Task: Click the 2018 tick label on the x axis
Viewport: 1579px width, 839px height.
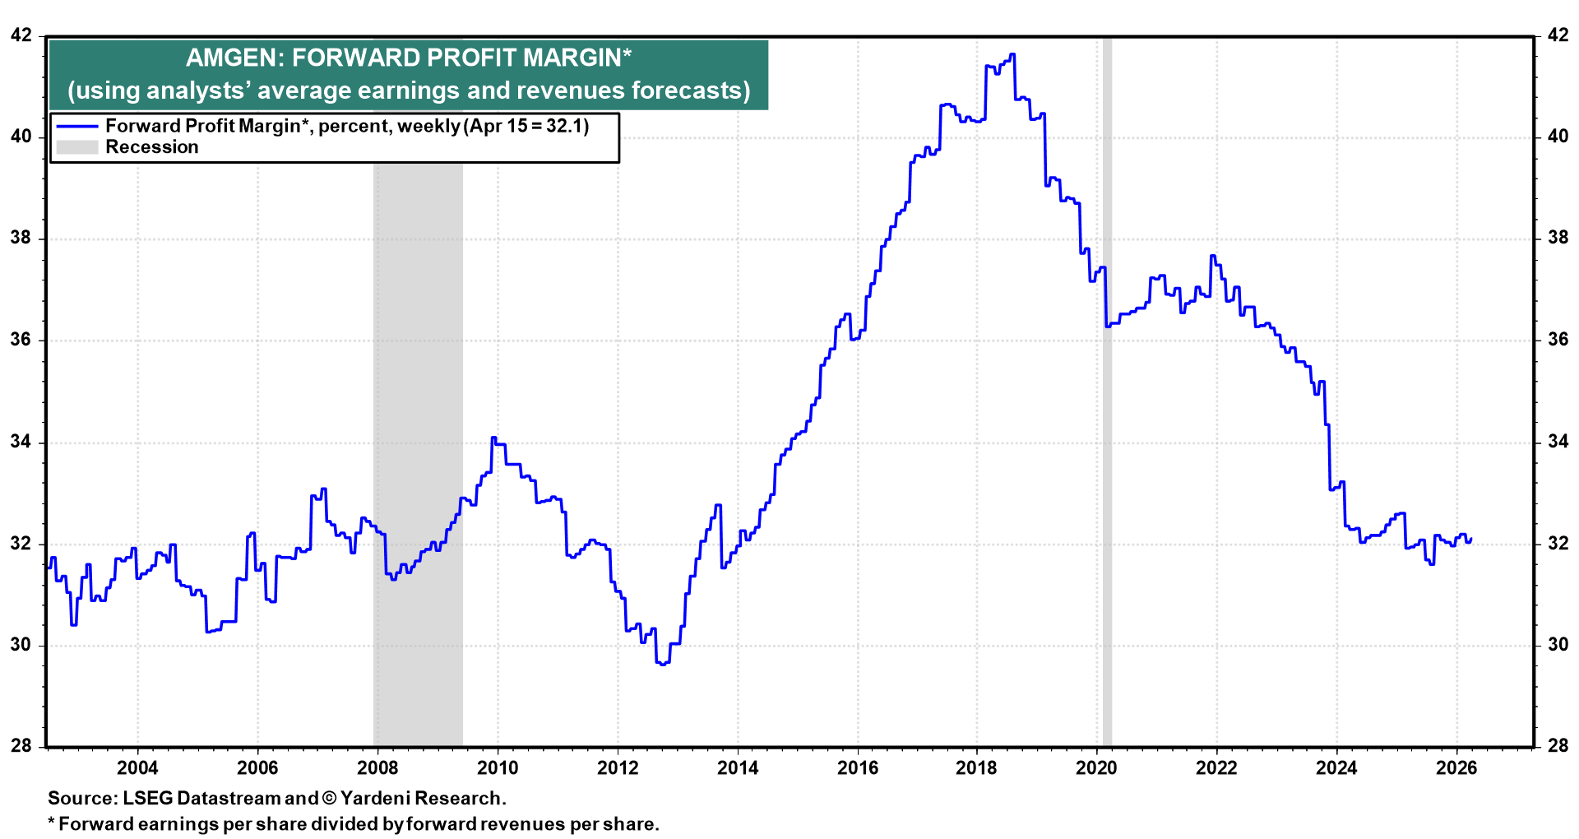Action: pos(976,768)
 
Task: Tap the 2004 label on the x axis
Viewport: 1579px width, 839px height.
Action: pos(137,768)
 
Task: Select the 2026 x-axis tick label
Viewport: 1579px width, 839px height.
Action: pos(1456,768)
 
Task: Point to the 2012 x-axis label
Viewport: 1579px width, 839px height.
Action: pos(618,768)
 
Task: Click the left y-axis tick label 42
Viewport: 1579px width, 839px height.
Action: pos(21,35)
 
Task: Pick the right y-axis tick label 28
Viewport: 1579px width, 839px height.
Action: pos(1558,746)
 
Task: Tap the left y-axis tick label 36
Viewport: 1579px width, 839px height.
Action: pos(21,340)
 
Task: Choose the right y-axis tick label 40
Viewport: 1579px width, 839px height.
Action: pos(1558,137)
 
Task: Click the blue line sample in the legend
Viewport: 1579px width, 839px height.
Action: pos(77,127)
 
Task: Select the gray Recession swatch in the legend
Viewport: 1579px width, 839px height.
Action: pos(77,147)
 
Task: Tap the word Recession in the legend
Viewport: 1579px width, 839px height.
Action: pos(152,147)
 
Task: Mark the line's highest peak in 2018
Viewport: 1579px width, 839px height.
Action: pos(1012,54)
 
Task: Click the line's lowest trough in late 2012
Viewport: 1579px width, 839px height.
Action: pos(662,664)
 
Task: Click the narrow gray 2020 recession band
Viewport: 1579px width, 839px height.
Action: pos(1107,494)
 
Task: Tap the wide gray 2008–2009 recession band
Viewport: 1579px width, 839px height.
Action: pos(418,494)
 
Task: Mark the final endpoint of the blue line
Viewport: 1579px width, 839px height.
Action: pos(1470,539)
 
